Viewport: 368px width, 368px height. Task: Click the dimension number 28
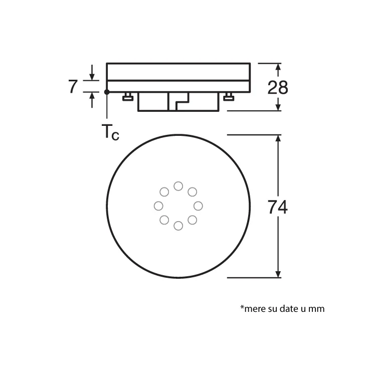pyautogui.click(x=277, y=87)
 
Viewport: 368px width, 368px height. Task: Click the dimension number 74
pyautogui.click(x=277, y=207)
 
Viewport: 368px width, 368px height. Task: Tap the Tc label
pyautogui.click(x=111, y=133)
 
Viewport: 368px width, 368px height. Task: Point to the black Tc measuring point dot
pyautogui.click(x=107, y=92)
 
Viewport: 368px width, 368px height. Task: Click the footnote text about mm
pyautogui.click(x=282, y=308)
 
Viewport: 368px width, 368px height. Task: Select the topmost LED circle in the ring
pyautogui.click(x=178, y=186)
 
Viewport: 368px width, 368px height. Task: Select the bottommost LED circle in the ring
pyautogui.click(x=178, y=226)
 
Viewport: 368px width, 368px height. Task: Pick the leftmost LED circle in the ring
pyautogui.click(x=158, y=206)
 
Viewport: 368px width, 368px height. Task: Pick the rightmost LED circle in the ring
pyautogui.click(x=198, y=206)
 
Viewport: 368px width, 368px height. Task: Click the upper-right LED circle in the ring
pyautogui.click(x=192, y=192)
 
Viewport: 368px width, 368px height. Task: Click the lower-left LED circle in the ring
pyautogui.click(x=164, y=220)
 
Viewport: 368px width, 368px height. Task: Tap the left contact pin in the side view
pyautogui.click(x=127, y=97)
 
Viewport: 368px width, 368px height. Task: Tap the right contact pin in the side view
pyautogui.click(x=229, y=97)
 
